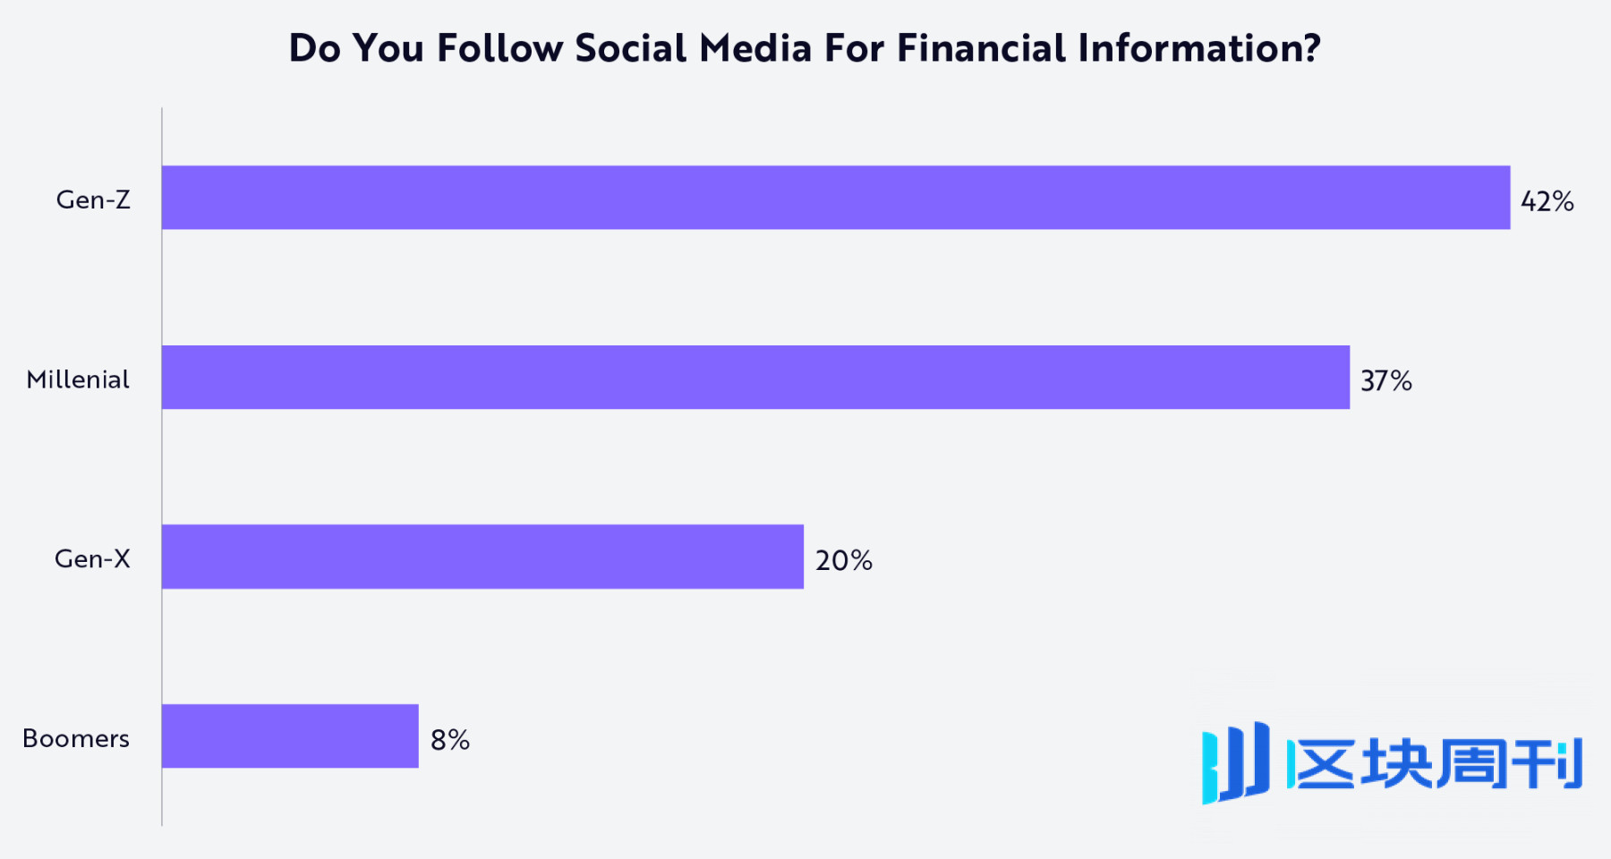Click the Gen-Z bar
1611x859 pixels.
pyautogui.click(x=835, y=198)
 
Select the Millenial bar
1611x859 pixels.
pyautogui.click(x=755, y=378)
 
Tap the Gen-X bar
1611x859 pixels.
pyautogui.click(x=482, y=557)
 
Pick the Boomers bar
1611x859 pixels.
pyautogui.click(x=290, y=736)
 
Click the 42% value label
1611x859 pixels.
pyautogui.click(x=1547, y=201)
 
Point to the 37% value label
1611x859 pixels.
pyautogui.click(x=1385, y=381)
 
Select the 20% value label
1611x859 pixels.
pyautogui.click(x=843, y=561)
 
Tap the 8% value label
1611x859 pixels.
pyautogui.click(x=449, y=740)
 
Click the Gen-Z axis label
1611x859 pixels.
pyautogui.click(x=93, y=200)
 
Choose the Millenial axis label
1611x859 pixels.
pyautogui.click(x=78, y=379)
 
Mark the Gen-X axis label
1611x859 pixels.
pyautogui.click(x=92, y=559)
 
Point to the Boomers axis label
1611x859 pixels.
pyautogui.click(x=76, y=739)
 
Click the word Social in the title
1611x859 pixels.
pyautogui.click(x=630, y=48)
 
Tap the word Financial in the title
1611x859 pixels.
pyautogui.click(x=981, y=48)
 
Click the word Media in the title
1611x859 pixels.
pyautogui.click(x=754, y=48)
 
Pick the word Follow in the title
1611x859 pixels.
pyautogui.click(x=499, y=48)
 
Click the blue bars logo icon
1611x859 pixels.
pyautogui.click(x=1235, y=763)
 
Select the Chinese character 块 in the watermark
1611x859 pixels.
pyautogui.click(x=1396, y=763)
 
